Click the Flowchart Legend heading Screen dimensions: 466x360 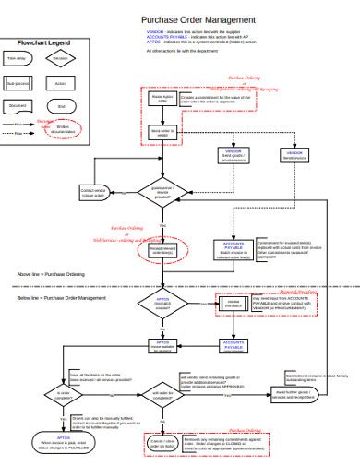pos(43,43)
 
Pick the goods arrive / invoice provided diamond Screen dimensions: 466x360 pos(162,193)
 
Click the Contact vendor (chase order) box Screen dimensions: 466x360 pos(93,193)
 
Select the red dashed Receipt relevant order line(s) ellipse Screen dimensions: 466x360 pos(162,249)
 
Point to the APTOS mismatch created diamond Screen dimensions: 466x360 pos(162,305)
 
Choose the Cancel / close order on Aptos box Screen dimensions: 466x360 pos(162,446)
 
